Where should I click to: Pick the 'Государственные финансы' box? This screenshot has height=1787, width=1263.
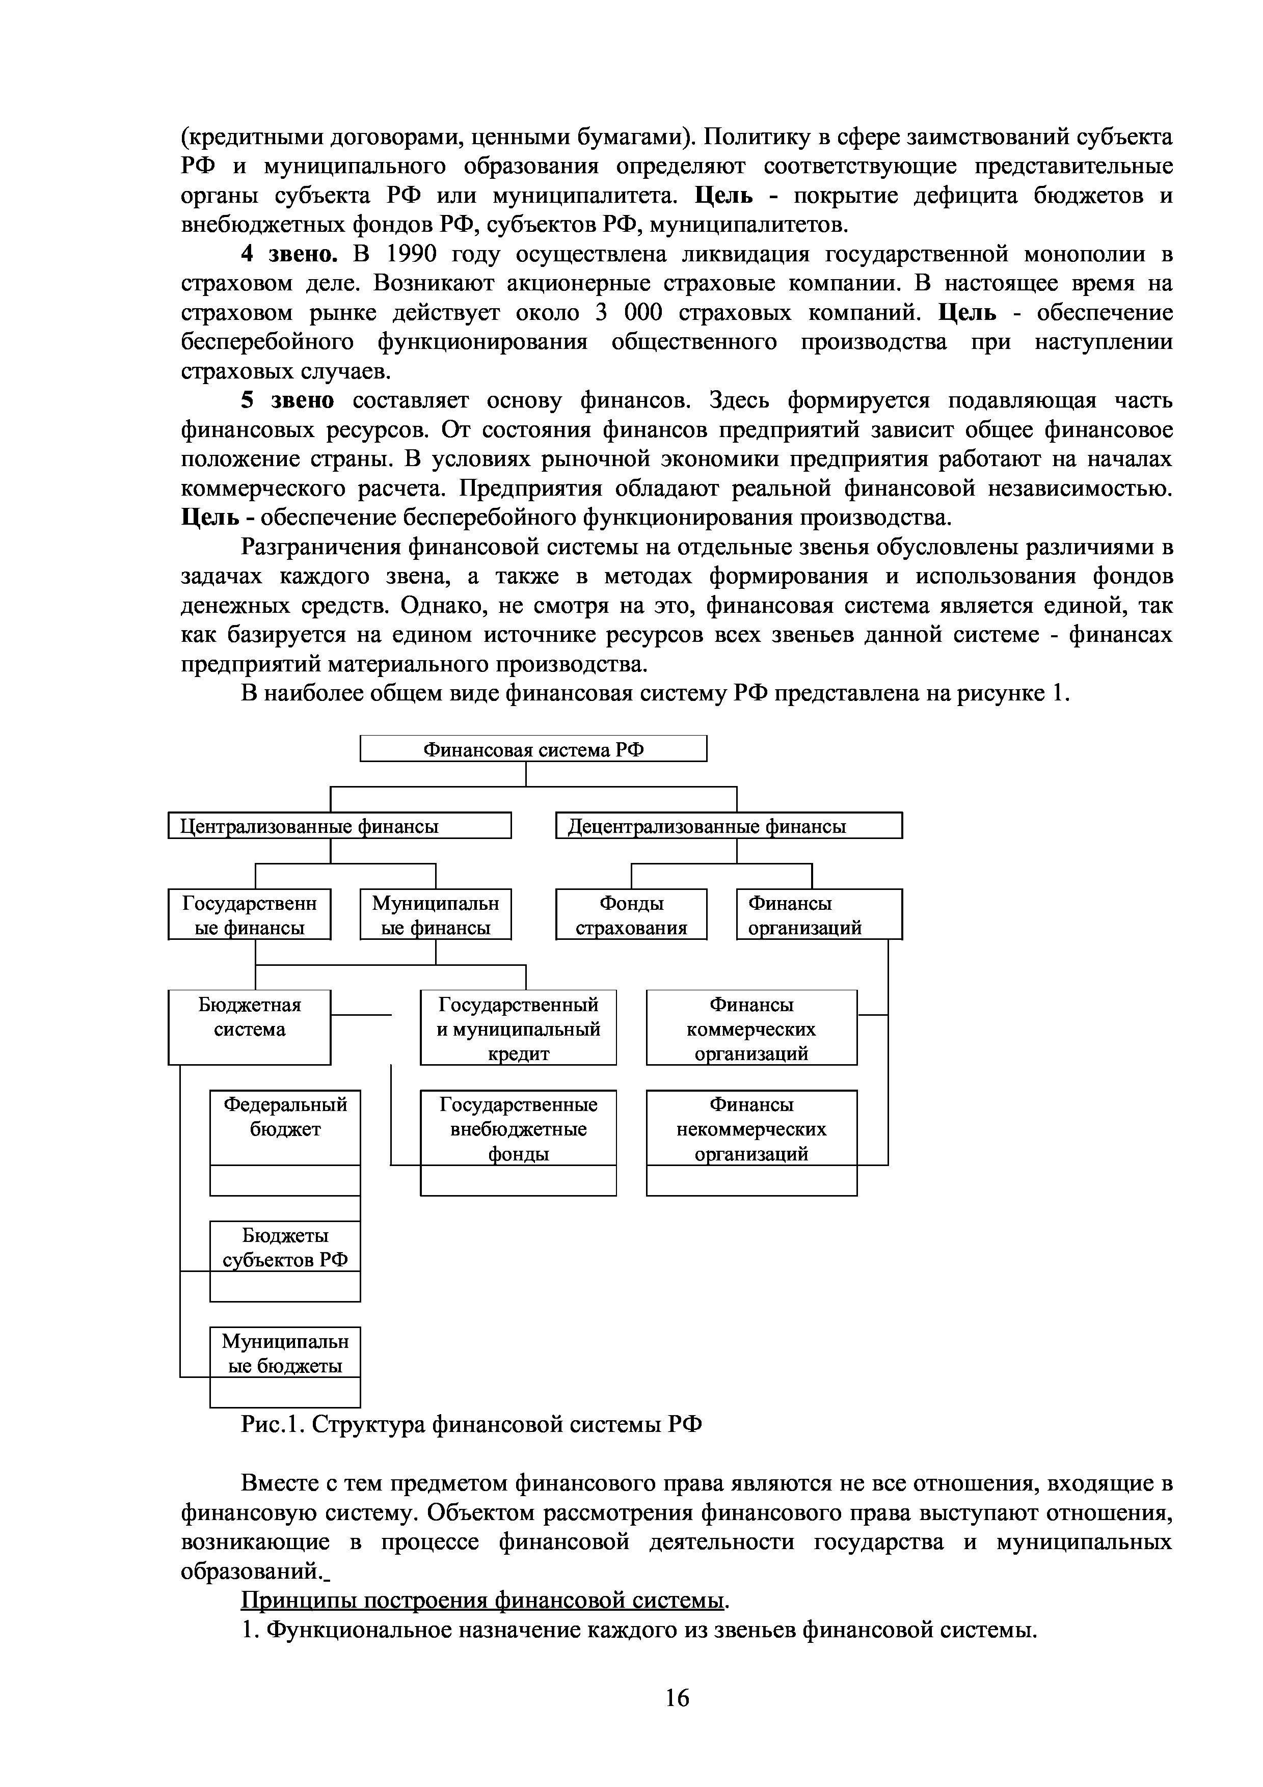tap(249, 914)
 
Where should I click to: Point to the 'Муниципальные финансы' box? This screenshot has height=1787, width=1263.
tap(435, 914)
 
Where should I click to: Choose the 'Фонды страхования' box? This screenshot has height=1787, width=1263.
tap(631, 914)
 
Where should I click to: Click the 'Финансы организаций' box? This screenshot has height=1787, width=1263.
tap(819, 914)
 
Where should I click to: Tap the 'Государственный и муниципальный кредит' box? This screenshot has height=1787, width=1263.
tap(518, 1027)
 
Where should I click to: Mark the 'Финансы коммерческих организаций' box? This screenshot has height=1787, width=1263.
tap(751, 1027)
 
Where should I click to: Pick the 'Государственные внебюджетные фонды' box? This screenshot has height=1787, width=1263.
tap(518, 1128)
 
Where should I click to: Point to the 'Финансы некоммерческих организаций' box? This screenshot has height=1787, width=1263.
tap(751, 1128)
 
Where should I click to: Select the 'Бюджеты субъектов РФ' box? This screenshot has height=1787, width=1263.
tap(285, 1247)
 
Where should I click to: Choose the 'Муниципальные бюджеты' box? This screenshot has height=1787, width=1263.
tap(285, 1352)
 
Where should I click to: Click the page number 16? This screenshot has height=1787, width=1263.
tap(677, 1697)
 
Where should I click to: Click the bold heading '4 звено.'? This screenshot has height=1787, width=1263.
tap(289, 255)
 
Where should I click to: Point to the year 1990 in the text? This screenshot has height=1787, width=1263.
tap(413, 255)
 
